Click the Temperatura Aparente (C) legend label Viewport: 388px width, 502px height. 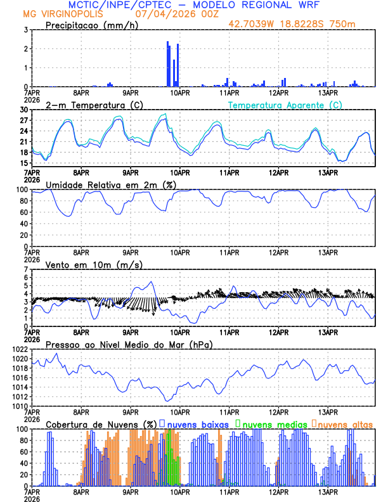click(285, 105)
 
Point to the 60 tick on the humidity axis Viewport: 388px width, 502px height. click(25, 212)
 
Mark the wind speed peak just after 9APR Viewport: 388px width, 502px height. click(151, 282)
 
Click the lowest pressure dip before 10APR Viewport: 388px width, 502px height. click(167, 401)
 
